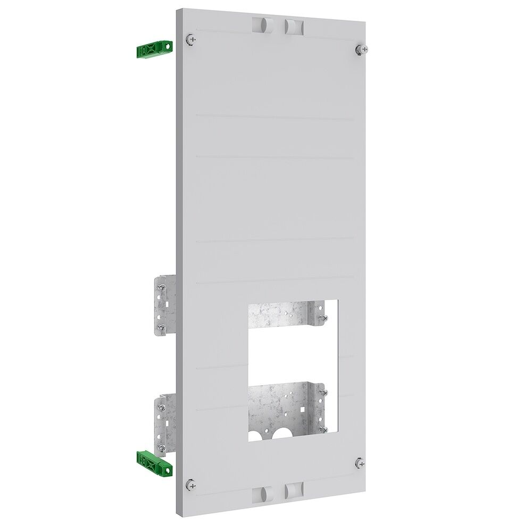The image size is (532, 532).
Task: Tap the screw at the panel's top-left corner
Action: pyautogui.click(x=191, y=39)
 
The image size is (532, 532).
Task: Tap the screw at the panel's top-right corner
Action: pyautogui.click(x=359, y=49)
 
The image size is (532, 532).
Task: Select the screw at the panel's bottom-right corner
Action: pyautogui.click(x=360, y=462)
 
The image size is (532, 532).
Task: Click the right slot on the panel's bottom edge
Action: pyautogui.click(x=293, y=491)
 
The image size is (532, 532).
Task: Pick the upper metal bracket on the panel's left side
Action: pyautogui.click(x=164, y=306)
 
